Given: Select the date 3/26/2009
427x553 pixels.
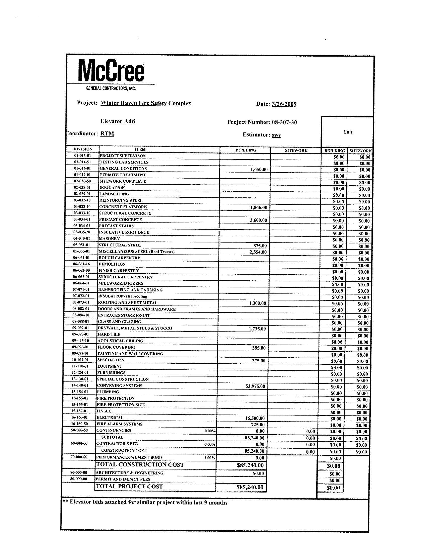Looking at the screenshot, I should pyautogui.click(x=284, y=104).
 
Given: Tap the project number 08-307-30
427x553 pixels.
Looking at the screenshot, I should pyautogui.click(x=284, y=122).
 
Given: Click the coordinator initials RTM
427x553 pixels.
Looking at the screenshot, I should pyautogui.click(x=107, y=134).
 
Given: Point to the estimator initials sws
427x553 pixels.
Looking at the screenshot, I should pyautogui.click(x=276, y=135).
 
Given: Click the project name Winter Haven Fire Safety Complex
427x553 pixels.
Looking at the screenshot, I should pyautogui.click(x=146, y=103).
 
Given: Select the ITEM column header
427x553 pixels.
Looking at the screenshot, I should pyautogui.click(x=140, y=149).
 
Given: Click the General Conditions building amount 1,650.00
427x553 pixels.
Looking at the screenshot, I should pyautogui.click(x=259, y=169).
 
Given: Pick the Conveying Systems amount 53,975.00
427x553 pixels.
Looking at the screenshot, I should pyautogui.click(x=255, y=386).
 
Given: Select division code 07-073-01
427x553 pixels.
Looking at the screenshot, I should pyautogui.click(x=81, y=302).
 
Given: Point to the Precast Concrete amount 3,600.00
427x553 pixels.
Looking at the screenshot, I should pyautogui.click(x=258, y=220).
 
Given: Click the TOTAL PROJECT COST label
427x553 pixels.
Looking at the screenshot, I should pyautogui.click(x=129, y=486).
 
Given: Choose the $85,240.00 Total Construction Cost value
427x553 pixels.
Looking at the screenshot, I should pyautogui.click(x=250, y=465).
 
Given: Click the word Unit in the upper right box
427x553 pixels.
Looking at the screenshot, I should pyautogui.click(x=348, y=132).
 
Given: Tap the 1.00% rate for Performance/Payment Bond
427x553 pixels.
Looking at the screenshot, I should pyautogui.click(x=209, y=458).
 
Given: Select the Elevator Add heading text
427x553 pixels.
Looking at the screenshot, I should pyautogui.click(x=118, y=121).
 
